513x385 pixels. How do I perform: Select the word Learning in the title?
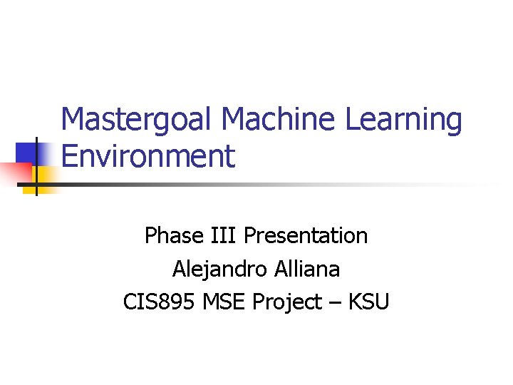[x=403, y=120]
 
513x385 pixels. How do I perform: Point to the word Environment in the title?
[x=147, y=156]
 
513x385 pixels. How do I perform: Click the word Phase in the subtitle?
[x=170, y=235]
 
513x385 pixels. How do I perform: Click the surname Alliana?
[x=304, y=269]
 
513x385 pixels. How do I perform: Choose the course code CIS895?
[x=160, y=302]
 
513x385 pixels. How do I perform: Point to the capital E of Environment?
[x=69, y=156]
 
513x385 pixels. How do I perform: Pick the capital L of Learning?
[x=353, y=120]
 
